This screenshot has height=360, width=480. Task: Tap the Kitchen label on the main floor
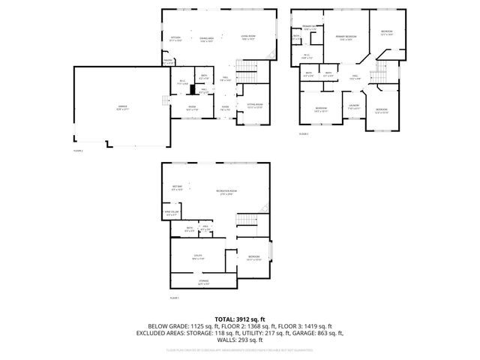point(176,38)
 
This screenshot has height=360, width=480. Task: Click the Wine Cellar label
point(172,213)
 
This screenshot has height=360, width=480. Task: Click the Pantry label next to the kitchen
point(168,61)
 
